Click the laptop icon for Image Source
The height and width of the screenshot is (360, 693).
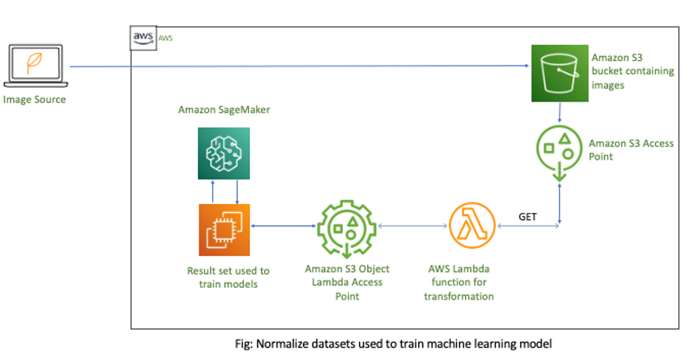click(x=35, y=67)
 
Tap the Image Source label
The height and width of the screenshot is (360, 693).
click(x=35, y=99)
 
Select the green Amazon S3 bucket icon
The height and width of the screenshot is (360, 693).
click(x=558, y=71)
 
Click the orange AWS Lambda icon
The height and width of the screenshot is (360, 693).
click(x=471, y=227)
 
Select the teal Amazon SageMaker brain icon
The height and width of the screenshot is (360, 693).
click(x=224, y=153)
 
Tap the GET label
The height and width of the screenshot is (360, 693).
click(x=528, y=217)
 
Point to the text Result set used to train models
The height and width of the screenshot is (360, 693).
click(x=224, y=278)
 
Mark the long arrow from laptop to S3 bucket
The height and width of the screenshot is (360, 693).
click(x=294, y=67)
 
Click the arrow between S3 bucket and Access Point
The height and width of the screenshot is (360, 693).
click(x=561, y=111)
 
